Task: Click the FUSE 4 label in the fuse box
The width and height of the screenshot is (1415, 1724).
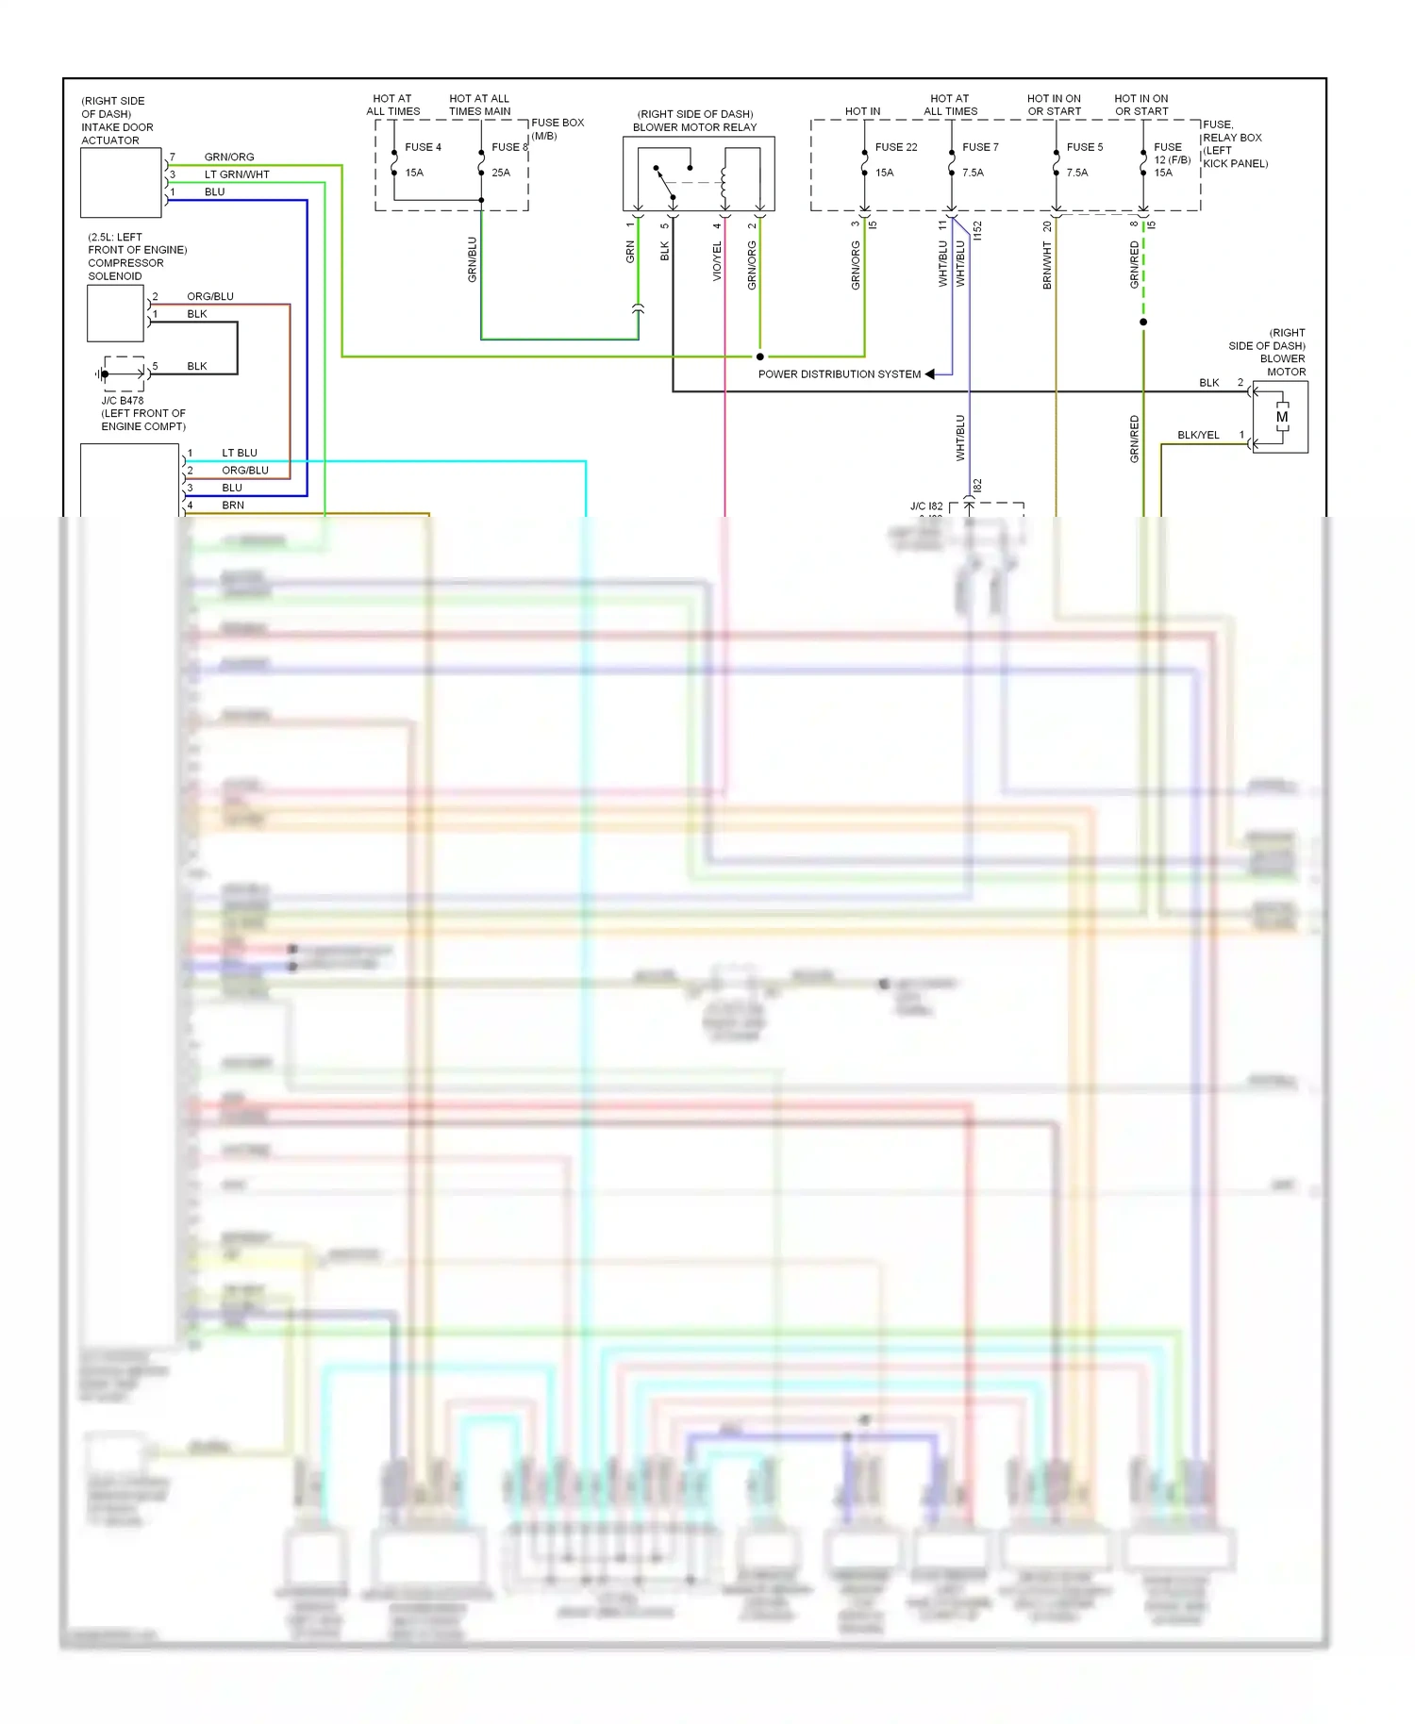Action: pyautogui.click(x=423, y=147)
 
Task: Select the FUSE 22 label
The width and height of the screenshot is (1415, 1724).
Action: pyautogui.click(x=895, y=147)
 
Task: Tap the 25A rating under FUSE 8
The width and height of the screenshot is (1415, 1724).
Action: pyautogui.click(x=500, y=173)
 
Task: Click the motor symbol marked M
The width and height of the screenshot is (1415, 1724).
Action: pyautogui.click(x=1281, y=417)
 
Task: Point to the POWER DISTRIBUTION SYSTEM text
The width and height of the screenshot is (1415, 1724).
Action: pyautogui.click(x=839, y=374)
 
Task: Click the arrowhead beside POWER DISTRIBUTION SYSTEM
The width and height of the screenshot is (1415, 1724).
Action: pyautogui.click(x=930, y=374)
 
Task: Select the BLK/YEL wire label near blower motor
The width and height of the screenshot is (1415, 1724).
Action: pyautogui.click(x=1197, y=435)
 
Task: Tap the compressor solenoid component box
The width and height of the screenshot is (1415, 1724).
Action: pyautogui.click(x=115, y=313)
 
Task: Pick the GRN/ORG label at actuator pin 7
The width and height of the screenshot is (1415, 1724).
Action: pyautogui.click(x=229, y=157)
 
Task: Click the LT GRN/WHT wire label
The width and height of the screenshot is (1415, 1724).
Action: pyautogui.click(x=237, y=174)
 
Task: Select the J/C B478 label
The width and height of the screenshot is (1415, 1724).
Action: pyautogui.click(x=123, y=401)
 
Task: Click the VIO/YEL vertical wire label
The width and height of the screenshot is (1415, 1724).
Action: pyautogui.click(x=717, y=261)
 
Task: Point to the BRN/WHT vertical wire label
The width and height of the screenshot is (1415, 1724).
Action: pyautogui.click(x=1047, y=265)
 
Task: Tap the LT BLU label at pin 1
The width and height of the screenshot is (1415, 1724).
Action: pyautogui.click(x=240, y=454)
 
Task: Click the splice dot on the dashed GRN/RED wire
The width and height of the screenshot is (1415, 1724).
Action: pyautogui.click(x=1143, y=323)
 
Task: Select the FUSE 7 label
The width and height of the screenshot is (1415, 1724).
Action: pyautogui.click(x=980, y=147)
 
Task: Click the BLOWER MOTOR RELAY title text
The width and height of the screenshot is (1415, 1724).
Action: pyautogui.click(x=694, y=127)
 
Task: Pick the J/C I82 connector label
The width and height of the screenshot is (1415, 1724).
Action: pyautogui.click(x=925, y=506)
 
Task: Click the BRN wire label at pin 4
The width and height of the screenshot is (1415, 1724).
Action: pyautogui.click(x=233, y=506)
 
